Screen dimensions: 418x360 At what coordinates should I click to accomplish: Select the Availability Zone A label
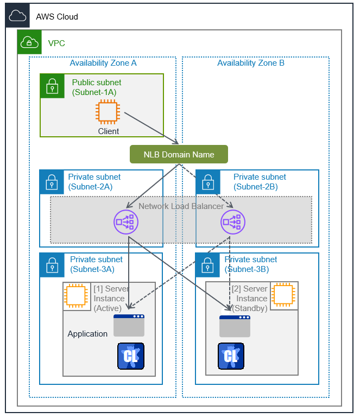pos(103,63)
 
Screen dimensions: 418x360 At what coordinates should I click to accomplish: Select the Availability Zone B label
pos(251,63)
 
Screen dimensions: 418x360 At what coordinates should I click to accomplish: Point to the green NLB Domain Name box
pos(179,155)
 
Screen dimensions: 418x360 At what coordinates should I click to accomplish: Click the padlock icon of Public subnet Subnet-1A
pos(52,86)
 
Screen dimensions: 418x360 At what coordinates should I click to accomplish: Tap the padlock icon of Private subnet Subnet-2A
pos(52,182)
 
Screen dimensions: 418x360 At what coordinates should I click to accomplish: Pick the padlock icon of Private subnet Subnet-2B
pos(207,182)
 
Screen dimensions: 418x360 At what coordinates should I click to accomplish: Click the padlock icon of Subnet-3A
pos(52,265)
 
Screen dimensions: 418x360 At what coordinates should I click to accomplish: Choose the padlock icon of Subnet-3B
pos(207,265)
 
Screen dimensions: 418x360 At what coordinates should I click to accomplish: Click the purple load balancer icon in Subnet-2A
pos(126,221)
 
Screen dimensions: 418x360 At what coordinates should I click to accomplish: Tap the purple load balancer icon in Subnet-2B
pos(233,221)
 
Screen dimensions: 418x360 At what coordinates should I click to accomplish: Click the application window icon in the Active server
pos(129,325)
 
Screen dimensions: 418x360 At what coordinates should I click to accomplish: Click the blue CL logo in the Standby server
pos(231,356)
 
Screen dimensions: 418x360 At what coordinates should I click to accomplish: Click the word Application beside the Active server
pos(87,334)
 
